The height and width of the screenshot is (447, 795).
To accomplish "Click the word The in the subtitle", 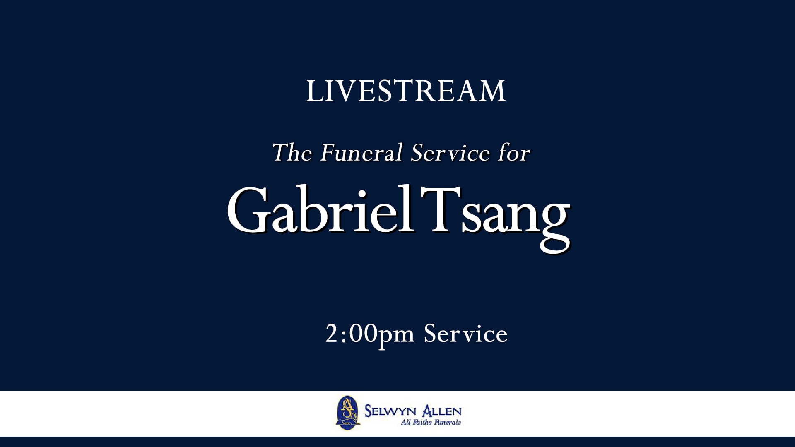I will [292, 153].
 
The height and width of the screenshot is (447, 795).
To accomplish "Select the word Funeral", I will [361, 153].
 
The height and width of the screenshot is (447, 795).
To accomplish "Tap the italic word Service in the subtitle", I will [450, 153].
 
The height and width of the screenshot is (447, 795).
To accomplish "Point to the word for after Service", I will [514, 153].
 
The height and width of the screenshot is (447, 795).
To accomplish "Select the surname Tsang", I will [495, 215].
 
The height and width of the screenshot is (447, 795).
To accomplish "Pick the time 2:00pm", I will [369, 334].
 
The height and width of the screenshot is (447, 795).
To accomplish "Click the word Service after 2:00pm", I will [465, 334].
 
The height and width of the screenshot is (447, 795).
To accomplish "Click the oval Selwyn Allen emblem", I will [347, 413].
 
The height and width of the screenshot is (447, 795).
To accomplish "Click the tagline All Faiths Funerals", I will [431, 423].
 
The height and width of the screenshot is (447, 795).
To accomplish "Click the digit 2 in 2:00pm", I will [331, 334].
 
